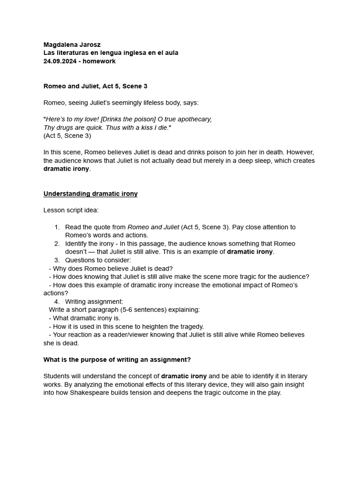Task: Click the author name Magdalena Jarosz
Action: (72, 45)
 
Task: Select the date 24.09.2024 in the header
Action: (60, 61)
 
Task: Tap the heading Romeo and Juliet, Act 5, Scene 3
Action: (95, 86)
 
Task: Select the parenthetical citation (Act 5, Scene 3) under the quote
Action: (67, 136)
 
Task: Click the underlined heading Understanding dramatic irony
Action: (90, 194)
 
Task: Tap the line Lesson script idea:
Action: (71, 210)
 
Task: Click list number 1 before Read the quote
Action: (57, 227)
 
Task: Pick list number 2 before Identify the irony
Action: (57, 244)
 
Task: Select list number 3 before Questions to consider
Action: (57, 260)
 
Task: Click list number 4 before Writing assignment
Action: (57, 301)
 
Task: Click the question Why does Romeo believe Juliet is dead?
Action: (112, 269)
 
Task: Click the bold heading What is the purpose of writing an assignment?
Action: (117, 360)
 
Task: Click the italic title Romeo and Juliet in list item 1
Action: (153, 227)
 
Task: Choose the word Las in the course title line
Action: (49, 53)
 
